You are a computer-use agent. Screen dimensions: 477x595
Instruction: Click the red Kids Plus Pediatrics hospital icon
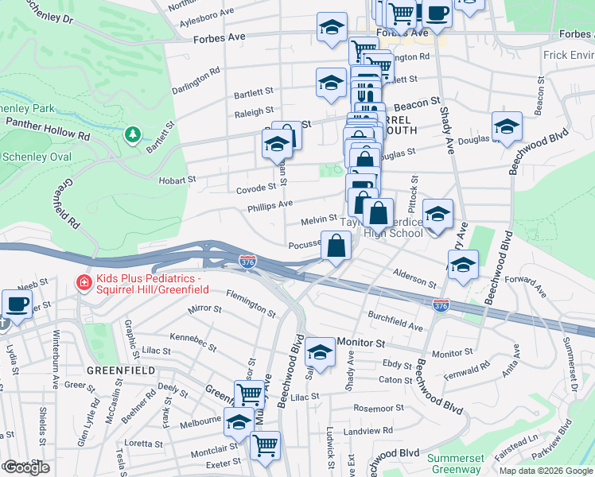[x=83, y=282]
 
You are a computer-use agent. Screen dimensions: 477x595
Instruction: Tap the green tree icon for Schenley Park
[x=134, y=135]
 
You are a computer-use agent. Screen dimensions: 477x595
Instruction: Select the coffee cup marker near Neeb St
[x=17, y=304]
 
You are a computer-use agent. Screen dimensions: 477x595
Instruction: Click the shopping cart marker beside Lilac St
[x=249, y=393]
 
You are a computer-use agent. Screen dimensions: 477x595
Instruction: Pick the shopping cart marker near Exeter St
[x=265, y=444]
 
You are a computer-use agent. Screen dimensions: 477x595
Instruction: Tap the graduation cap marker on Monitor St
[x=321, y=352]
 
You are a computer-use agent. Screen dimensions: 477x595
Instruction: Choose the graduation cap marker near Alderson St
[x=462, y=265]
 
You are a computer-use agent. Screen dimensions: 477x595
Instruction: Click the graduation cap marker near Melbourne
[x=239, y=424]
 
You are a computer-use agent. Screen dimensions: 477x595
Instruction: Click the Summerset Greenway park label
[x=454, y=463]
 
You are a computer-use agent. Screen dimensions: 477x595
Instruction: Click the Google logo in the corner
[x=25, y=467]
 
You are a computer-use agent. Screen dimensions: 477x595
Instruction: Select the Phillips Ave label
[x=270, y=204]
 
